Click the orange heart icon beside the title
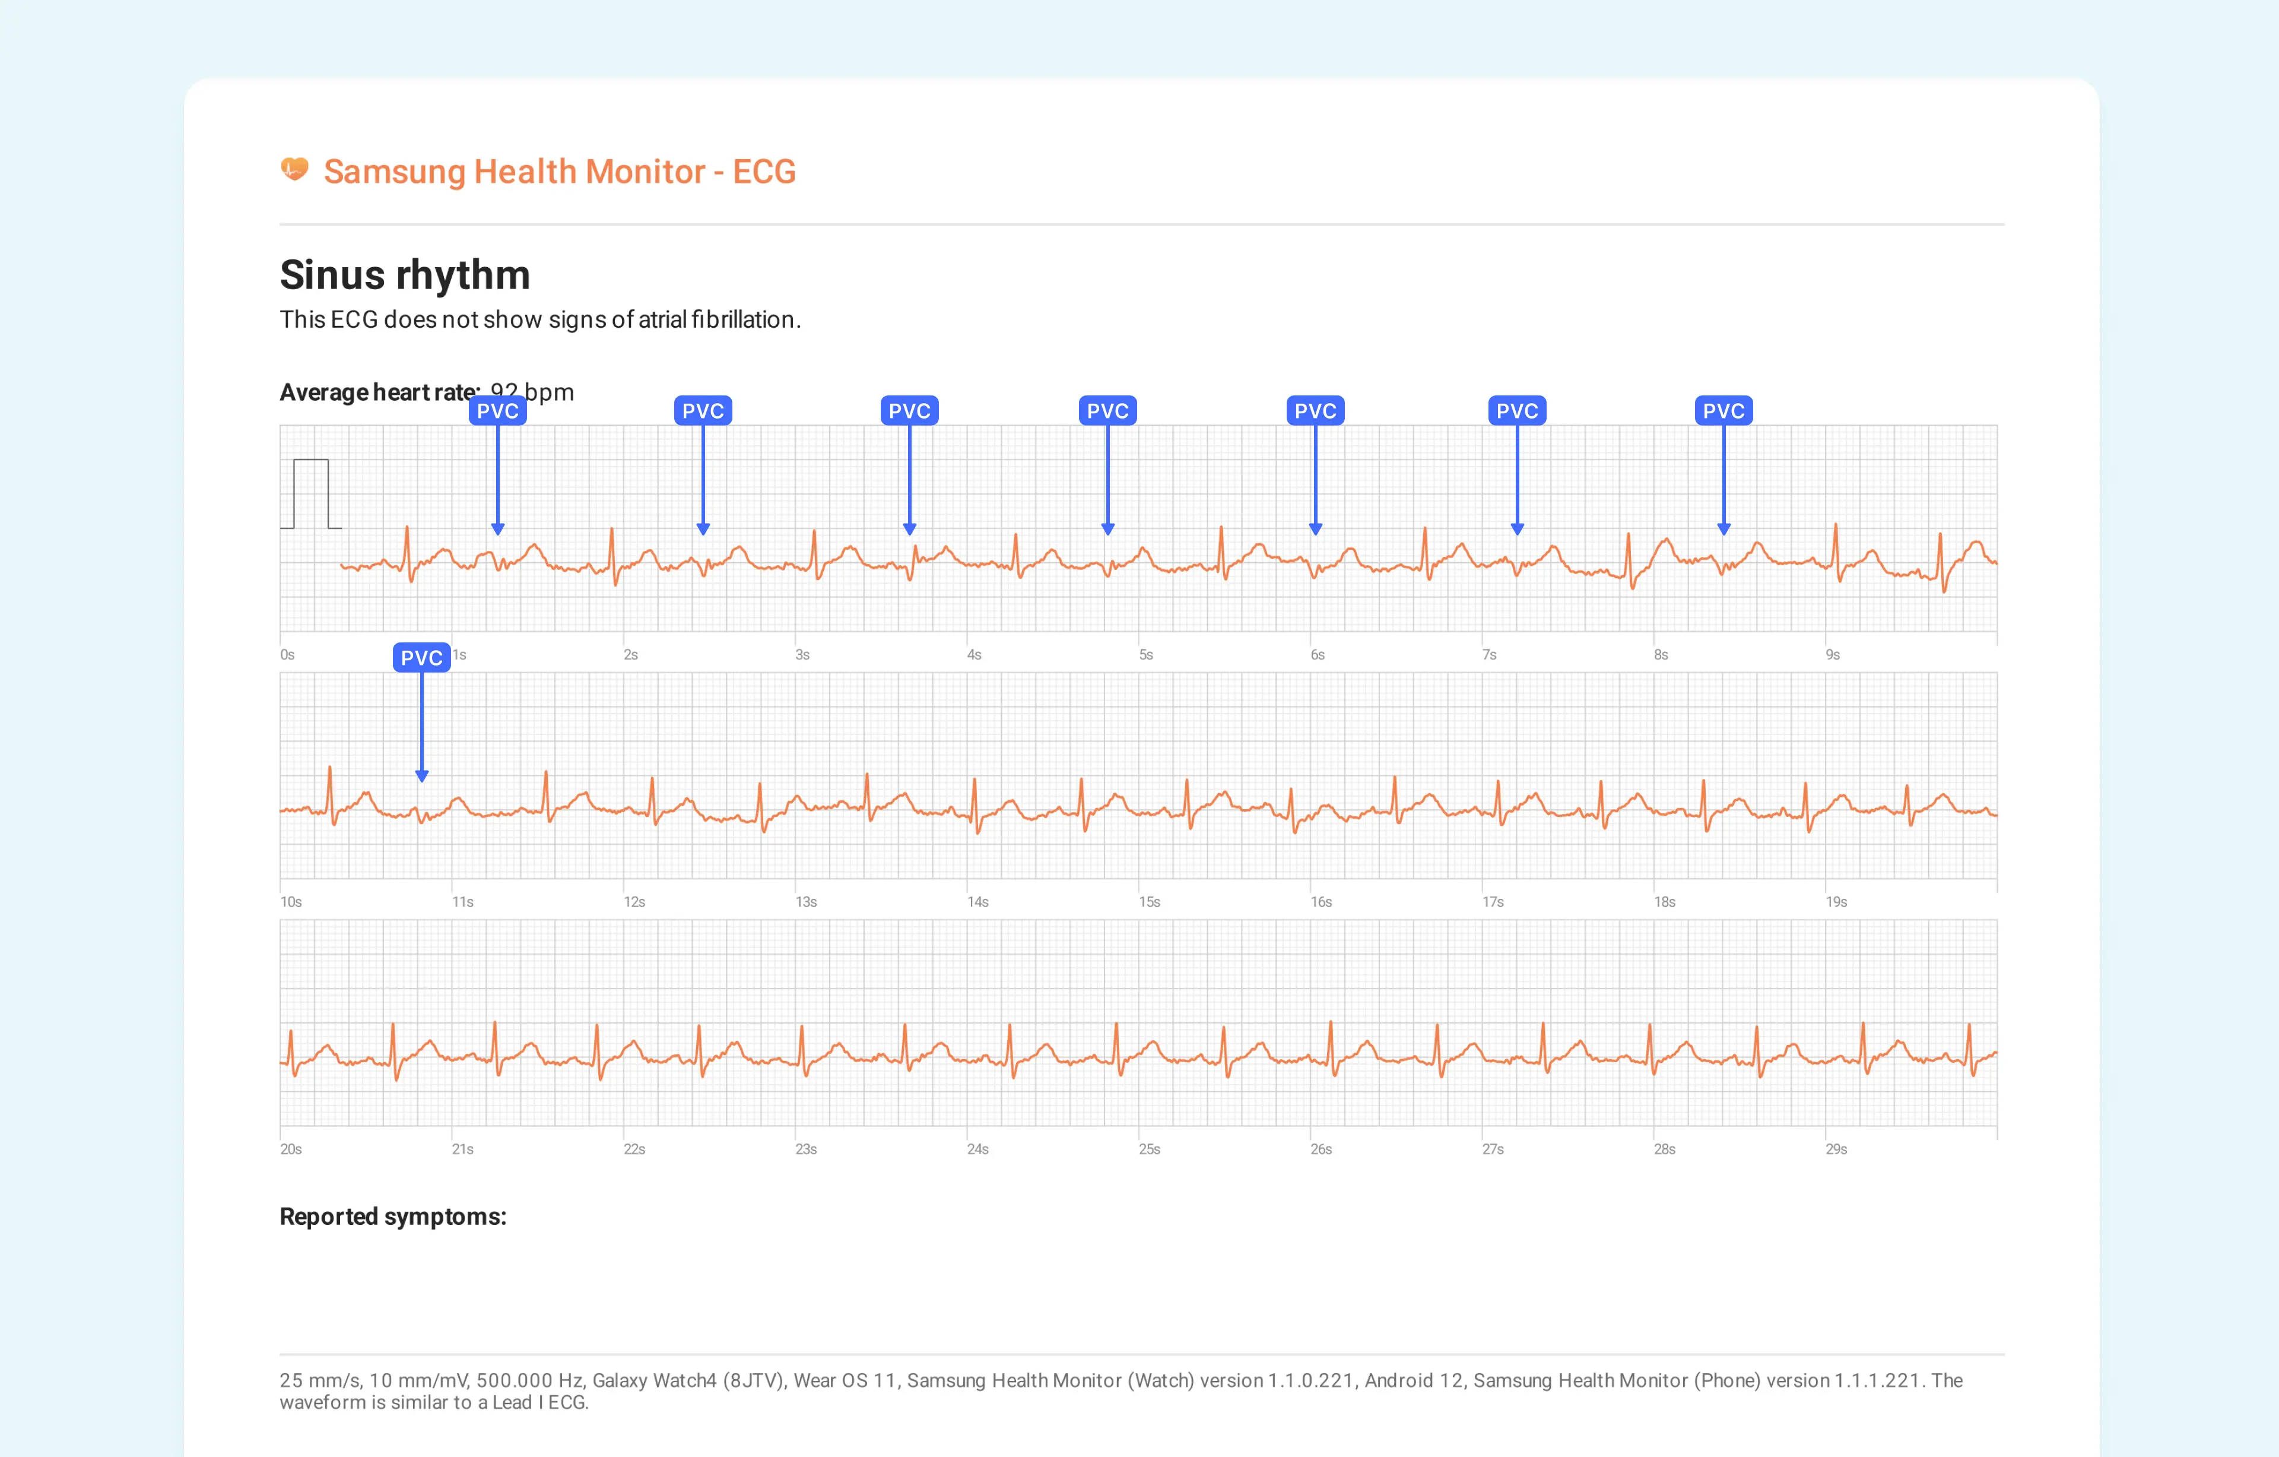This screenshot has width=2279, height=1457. pyautogui.click(x=294, y=169)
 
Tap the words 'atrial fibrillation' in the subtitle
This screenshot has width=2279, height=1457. pyautogui.click(x=716, y=320)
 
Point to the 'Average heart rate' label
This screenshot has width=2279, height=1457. pyautogui.click(x=379, y=392)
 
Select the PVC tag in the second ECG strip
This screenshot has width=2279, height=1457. pyautogui.click(x=421, y=658)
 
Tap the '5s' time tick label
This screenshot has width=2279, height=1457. pyautogui.click(x=1145, y=655)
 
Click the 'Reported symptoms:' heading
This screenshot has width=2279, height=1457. pyautogui.click(x=393, y=1217)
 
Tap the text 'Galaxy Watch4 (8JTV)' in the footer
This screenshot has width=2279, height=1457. pyautogui.click(x=688, y=1380)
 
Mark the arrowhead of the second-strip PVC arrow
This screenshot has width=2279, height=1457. pyautogui.click(x=422, y=777)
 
